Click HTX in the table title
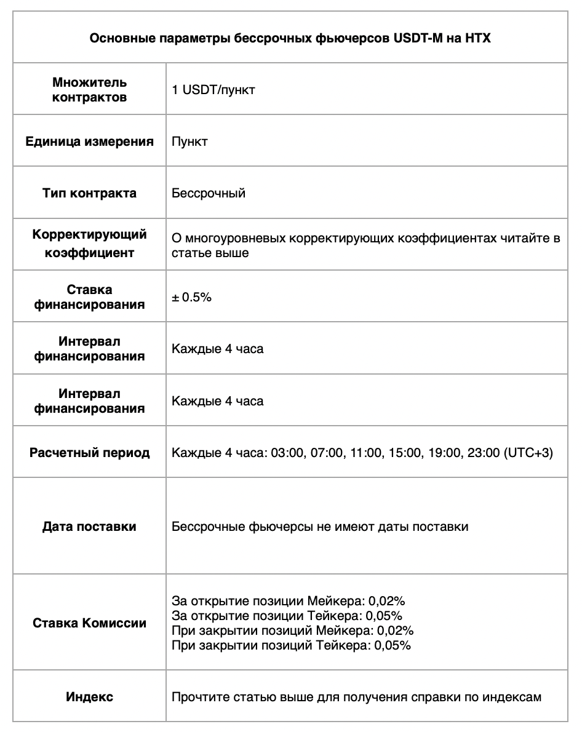[478, 39]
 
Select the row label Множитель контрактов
[89, 90]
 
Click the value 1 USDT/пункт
[213, 90]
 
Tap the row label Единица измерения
[89, 141]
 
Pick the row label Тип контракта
[89, 193]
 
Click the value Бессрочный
[209, 193]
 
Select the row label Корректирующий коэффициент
[89, 244]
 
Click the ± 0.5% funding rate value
[192, 297]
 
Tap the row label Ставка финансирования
[89, 296]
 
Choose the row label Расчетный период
[89, 453]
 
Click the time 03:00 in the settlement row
[287, 453]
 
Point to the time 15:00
[404, 453]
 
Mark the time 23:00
[483, 453]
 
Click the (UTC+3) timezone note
[528, 453]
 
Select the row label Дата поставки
[89, 527]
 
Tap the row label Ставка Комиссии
[89, 623]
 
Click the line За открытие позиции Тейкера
[287, 616]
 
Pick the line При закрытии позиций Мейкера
[292, 631]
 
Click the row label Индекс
[89, 697]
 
